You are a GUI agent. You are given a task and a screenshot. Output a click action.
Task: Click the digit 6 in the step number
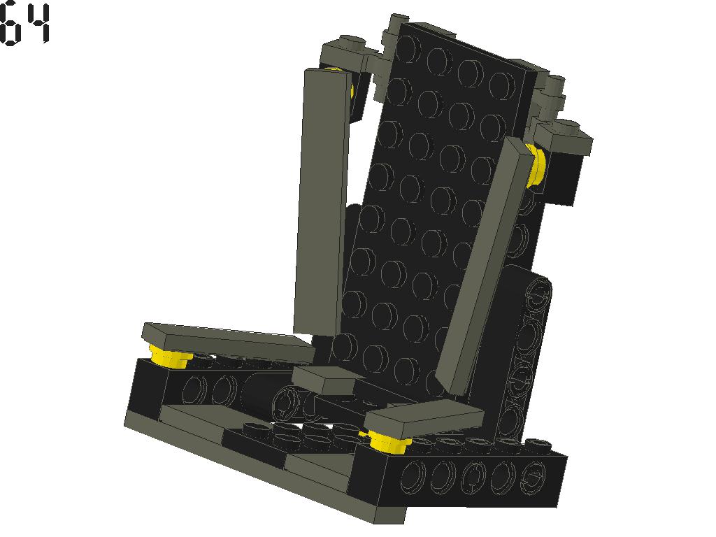10,25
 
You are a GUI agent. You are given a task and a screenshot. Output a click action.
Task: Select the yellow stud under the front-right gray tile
388,441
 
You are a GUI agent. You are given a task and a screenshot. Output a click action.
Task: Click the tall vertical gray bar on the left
322,201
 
